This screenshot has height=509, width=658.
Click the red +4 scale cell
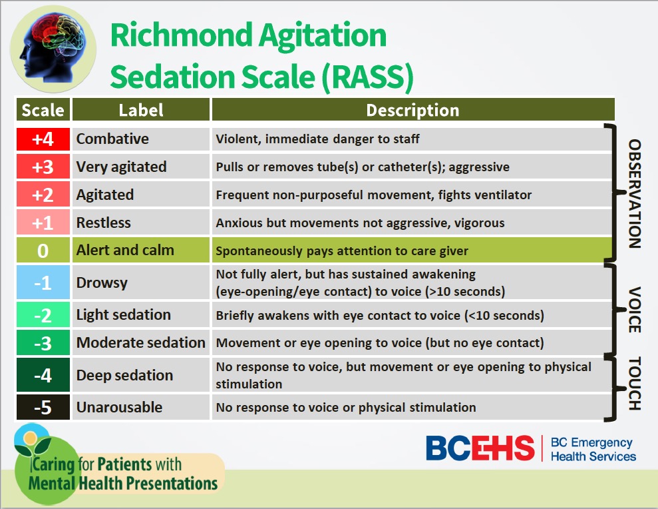(43, 139)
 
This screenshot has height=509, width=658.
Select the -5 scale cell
(43, 407)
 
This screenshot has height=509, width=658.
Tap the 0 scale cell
(43, 251)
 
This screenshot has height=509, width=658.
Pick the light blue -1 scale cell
(43, 282)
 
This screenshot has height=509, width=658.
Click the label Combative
(112, 139)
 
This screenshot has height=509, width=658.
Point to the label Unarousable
(119, 407)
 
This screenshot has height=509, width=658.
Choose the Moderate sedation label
(140, 343)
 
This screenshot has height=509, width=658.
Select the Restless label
(103, 223)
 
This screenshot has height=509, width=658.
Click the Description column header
(412, 110)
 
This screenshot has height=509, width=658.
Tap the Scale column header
(43, 110)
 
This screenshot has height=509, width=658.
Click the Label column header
(141, 110)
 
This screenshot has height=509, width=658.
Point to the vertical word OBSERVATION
(635, 193)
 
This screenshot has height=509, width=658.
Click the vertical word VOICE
(635, 310)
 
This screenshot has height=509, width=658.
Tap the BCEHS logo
(480, 448)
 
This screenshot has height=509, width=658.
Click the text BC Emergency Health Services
(593, 449)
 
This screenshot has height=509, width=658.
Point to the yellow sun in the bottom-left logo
(30, 438)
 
